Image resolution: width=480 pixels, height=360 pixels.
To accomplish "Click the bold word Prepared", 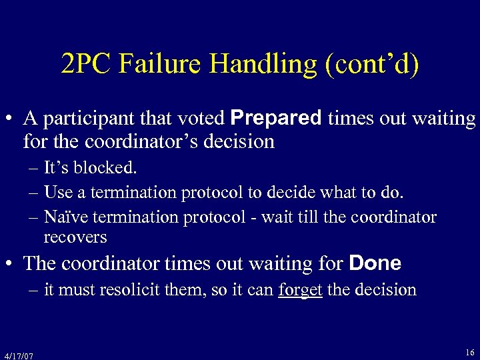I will coord(275,119).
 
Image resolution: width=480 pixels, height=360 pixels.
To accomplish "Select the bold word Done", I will coord(375,263).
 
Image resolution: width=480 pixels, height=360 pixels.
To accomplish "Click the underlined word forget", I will coord(300,290).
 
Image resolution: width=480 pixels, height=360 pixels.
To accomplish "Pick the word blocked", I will coord(105,168).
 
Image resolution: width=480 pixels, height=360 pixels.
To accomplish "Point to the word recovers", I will coord(75,237).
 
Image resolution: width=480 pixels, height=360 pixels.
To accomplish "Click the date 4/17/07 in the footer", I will coord(18,355).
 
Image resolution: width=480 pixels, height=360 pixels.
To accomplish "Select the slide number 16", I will coord(469,351).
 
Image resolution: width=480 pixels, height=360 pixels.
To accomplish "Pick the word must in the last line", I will coord(75,290).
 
